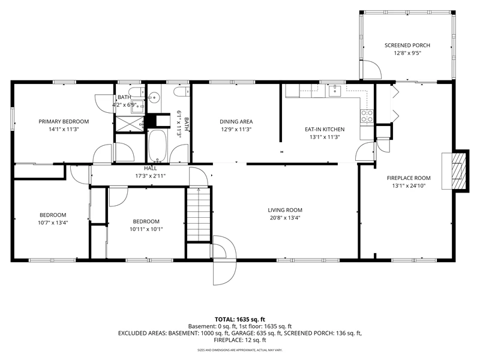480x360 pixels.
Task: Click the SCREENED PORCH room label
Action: (407, 46)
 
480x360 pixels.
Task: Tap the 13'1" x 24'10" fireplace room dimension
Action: (409, 185)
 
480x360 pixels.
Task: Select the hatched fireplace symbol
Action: (459, 171)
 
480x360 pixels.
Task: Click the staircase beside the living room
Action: (199, 215)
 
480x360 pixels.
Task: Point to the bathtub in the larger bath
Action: (157, 146)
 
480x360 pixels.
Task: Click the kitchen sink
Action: (335, 91)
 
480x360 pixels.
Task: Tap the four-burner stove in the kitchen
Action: (367, 116)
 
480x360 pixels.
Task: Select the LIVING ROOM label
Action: (285, 210)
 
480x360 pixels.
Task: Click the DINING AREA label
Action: (236, 122)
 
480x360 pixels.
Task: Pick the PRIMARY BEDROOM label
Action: (64, 122)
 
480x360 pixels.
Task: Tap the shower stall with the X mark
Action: (130, 124)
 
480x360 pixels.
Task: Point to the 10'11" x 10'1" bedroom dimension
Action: (146, 229)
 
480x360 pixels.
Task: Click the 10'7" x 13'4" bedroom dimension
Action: (53, 223)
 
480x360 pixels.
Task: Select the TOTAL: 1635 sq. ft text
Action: (239, 320)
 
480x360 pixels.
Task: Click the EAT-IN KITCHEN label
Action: (325, 129)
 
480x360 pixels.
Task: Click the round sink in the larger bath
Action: (154, 98)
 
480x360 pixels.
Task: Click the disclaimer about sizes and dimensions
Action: (239, 350)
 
